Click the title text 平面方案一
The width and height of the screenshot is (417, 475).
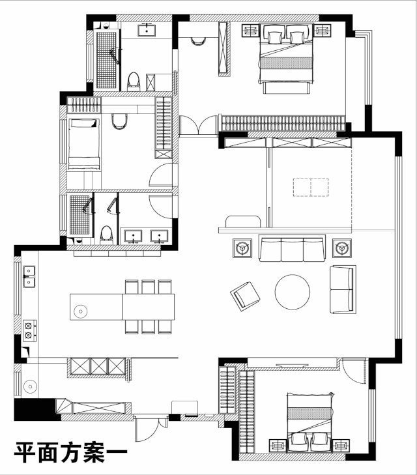[65, 451]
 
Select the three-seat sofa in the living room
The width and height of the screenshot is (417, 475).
[292, 249]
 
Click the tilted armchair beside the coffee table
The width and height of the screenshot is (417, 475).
[245, 295]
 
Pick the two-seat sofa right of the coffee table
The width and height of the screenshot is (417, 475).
[343, 289]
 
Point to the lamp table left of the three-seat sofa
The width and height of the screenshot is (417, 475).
[242, 248]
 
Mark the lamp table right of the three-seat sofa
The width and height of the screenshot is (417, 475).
[341, 248]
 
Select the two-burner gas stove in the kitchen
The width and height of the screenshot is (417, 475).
[29, 330]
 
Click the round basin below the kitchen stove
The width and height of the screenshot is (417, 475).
[29, 387]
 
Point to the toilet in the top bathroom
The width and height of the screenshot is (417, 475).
[134, 81]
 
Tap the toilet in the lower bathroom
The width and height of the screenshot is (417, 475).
[106, 233]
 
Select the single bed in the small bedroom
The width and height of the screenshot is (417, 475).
[82, 144]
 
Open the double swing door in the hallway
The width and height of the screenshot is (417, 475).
[198, 126]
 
